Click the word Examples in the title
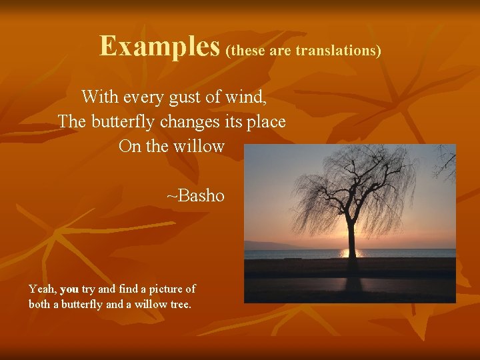(x=160, y=46)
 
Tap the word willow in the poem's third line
(x=201, y=147)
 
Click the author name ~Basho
(x=195, y=196)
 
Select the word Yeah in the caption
(x=42, y=289)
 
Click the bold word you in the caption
(x=69, y=289)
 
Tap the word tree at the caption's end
(x=181, y=304)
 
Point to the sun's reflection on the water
(x=350, y=253)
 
